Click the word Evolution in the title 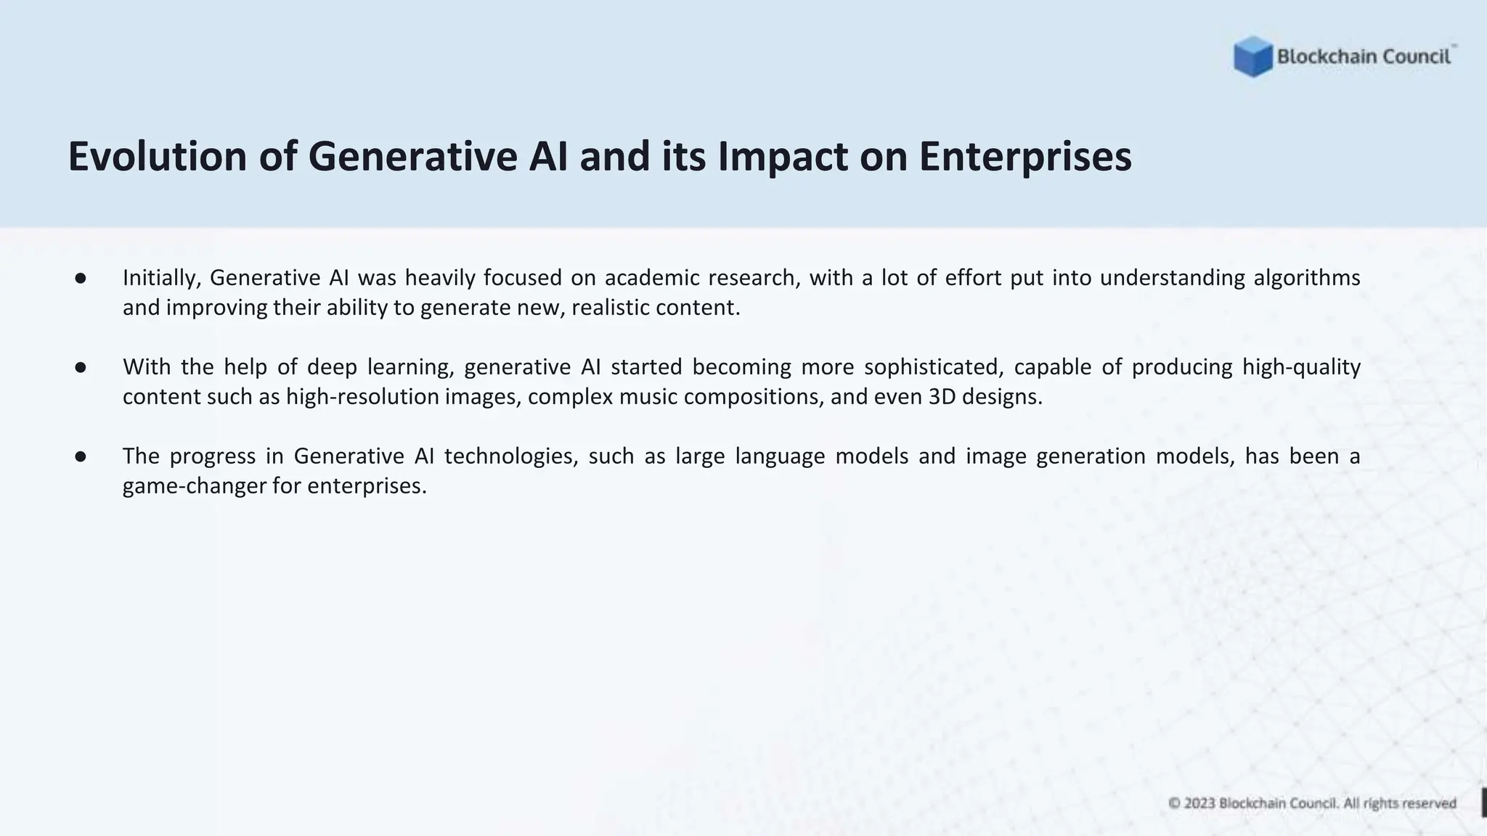158,157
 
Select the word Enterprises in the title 1024,157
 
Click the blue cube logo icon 1252,57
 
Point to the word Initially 161,278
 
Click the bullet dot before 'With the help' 81,368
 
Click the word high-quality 1301,367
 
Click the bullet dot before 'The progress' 81,457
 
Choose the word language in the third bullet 780,456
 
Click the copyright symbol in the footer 1174,803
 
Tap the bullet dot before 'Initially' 81,279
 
